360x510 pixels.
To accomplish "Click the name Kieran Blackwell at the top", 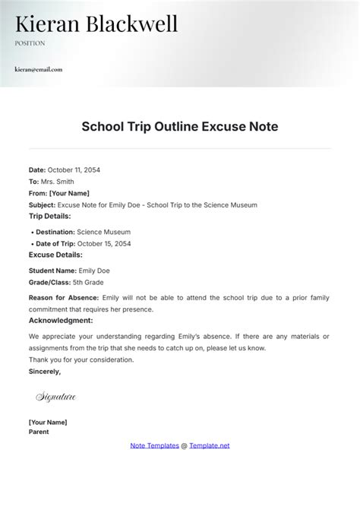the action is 96,24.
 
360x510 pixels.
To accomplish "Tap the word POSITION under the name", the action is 30,43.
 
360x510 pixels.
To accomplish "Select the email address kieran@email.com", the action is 38,69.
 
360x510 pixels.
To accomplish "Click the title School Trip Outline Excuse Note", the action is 180,127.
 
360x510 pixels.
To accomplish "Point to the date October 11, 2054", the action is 74,169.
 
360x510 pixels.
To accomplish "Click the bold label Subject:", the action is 42,204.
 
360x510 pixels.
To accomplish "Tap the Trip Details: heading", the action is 52,217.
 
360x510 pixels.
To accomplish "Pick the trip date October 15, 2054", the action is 105,243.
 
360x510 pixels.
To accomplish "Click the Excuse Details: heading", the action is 55,255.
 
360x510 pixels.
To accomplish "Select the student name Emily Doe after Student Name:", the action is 94,270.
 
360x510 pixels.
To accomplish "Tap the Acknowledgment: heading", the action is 61,321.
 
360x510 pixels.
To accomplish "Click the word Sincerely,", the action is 45,372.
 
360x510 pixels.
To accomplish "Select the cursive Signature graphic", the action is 55,396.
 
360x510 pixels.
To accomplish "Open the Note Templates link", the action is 155,445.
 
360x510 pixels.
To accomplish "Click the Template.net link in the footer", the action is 210,445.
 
